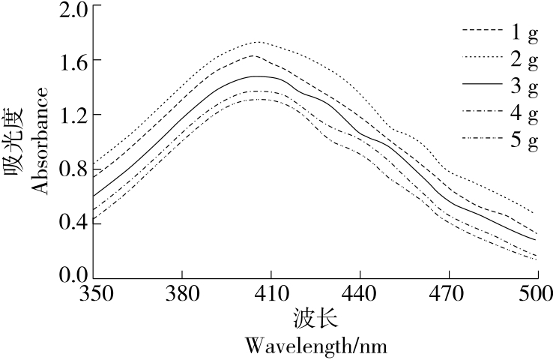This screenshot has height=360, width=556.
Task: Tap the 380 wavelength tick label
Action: tap(182, 292)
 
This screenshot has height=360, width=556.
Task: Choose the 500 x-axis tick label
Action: tap(537, 292)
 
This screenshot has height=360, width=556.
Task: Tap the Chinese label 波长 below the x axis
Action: tap(315, 320)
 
